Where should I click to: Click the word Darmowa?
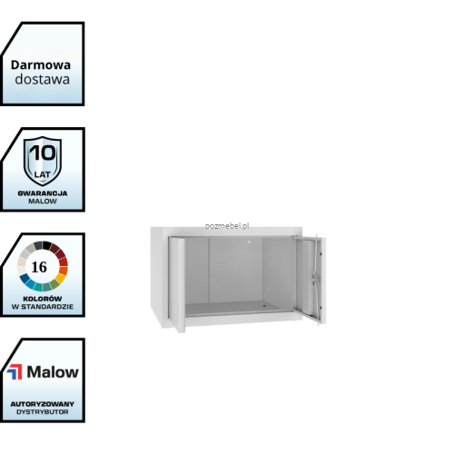pos(41,64)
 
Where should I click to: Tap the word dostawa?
pos(42,79)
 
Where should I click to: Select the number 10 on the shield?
pos(43,153)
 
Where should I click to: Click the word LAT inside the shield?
pos(43,174)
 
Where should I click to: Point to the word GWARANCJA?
pos(43,193)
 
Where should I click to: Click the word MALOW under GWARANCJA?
pos(43,201)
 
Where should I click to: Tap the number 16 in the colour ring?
pos(39,267)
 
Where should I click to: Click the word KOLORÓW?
pos(43,299)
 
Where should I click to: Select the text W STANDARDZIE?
pos(43,307)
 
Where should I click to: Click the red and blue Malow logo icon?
pos(15,372)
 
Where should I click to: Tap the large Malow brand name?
pos(53,372)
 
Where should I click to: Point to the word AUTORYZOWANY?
pos(43,404)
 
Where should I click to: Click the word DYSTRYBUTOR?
pos(43,412)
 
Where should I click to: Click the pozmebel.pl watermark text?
pos(227,226)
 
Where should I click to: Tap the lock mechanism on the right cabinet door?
pos(316,279)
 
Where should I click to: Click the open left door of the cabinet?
pos(177,284)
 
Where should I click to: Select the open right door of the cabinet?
pos(310,280)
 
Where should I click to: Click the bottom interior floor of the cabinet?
pos(236,309)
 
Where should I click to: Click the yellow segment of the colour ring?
pos(61,278)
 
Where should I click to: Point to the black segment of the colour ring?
pos(47,245)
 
